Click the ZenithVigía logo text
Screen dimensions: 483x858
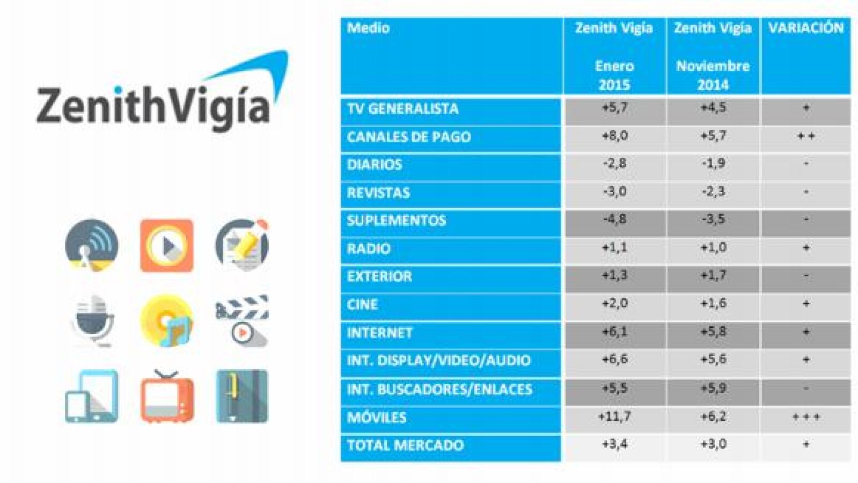click(x=153, y=105)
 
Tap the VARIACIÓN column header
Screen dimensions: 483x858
click(x=805, y=28)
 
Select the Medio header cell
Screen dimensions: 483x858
click(x=368, y=28)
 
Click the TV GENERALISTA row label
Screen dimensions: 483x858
click(x=402, y=109)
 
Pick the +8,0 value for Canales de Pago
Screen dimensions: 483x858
click(x=614, y=136)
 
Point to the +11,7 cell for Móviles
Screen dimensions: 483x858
click(x=614, y=416)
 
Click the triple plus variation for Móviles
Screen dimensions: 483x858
click(x=806, y=417)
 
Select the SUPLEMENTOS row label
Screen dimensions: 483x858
click(x=396, y=221)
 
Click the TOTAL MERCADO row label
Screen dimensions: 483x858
click(x=405, y=445)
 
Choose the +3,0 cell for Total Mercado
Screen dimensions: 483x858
click(x=713, y=444)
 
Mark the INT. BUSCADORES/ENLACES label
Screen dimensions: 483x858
click(x=439, y=389)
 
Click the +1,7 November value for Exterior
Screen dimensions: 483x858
click(x=713, y=276)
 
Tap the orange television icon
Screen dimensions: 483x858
click(x=167, y=397)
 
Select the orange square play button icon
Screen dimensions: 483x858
click(x=166, y=245)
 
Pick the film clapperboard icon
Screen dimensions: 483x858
click(x=241, y=320)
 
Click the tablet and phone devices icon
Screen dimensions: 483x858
click(x=92, y=397)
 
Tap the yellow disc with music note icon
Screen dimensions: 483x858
click(x=166, y=320)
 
